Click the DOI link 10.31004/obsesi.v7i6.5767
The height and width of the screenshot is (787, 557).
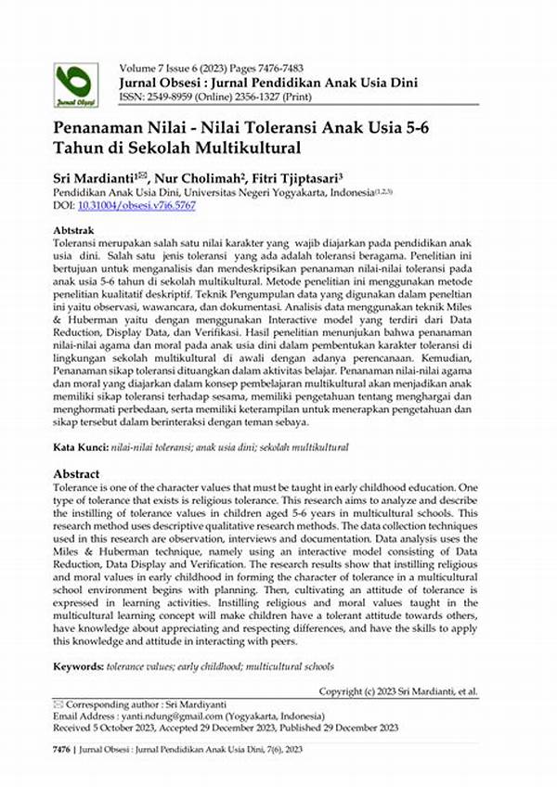coord(150,205)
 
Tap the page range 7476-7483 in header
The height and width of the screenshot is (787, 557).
coord(296,69)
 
